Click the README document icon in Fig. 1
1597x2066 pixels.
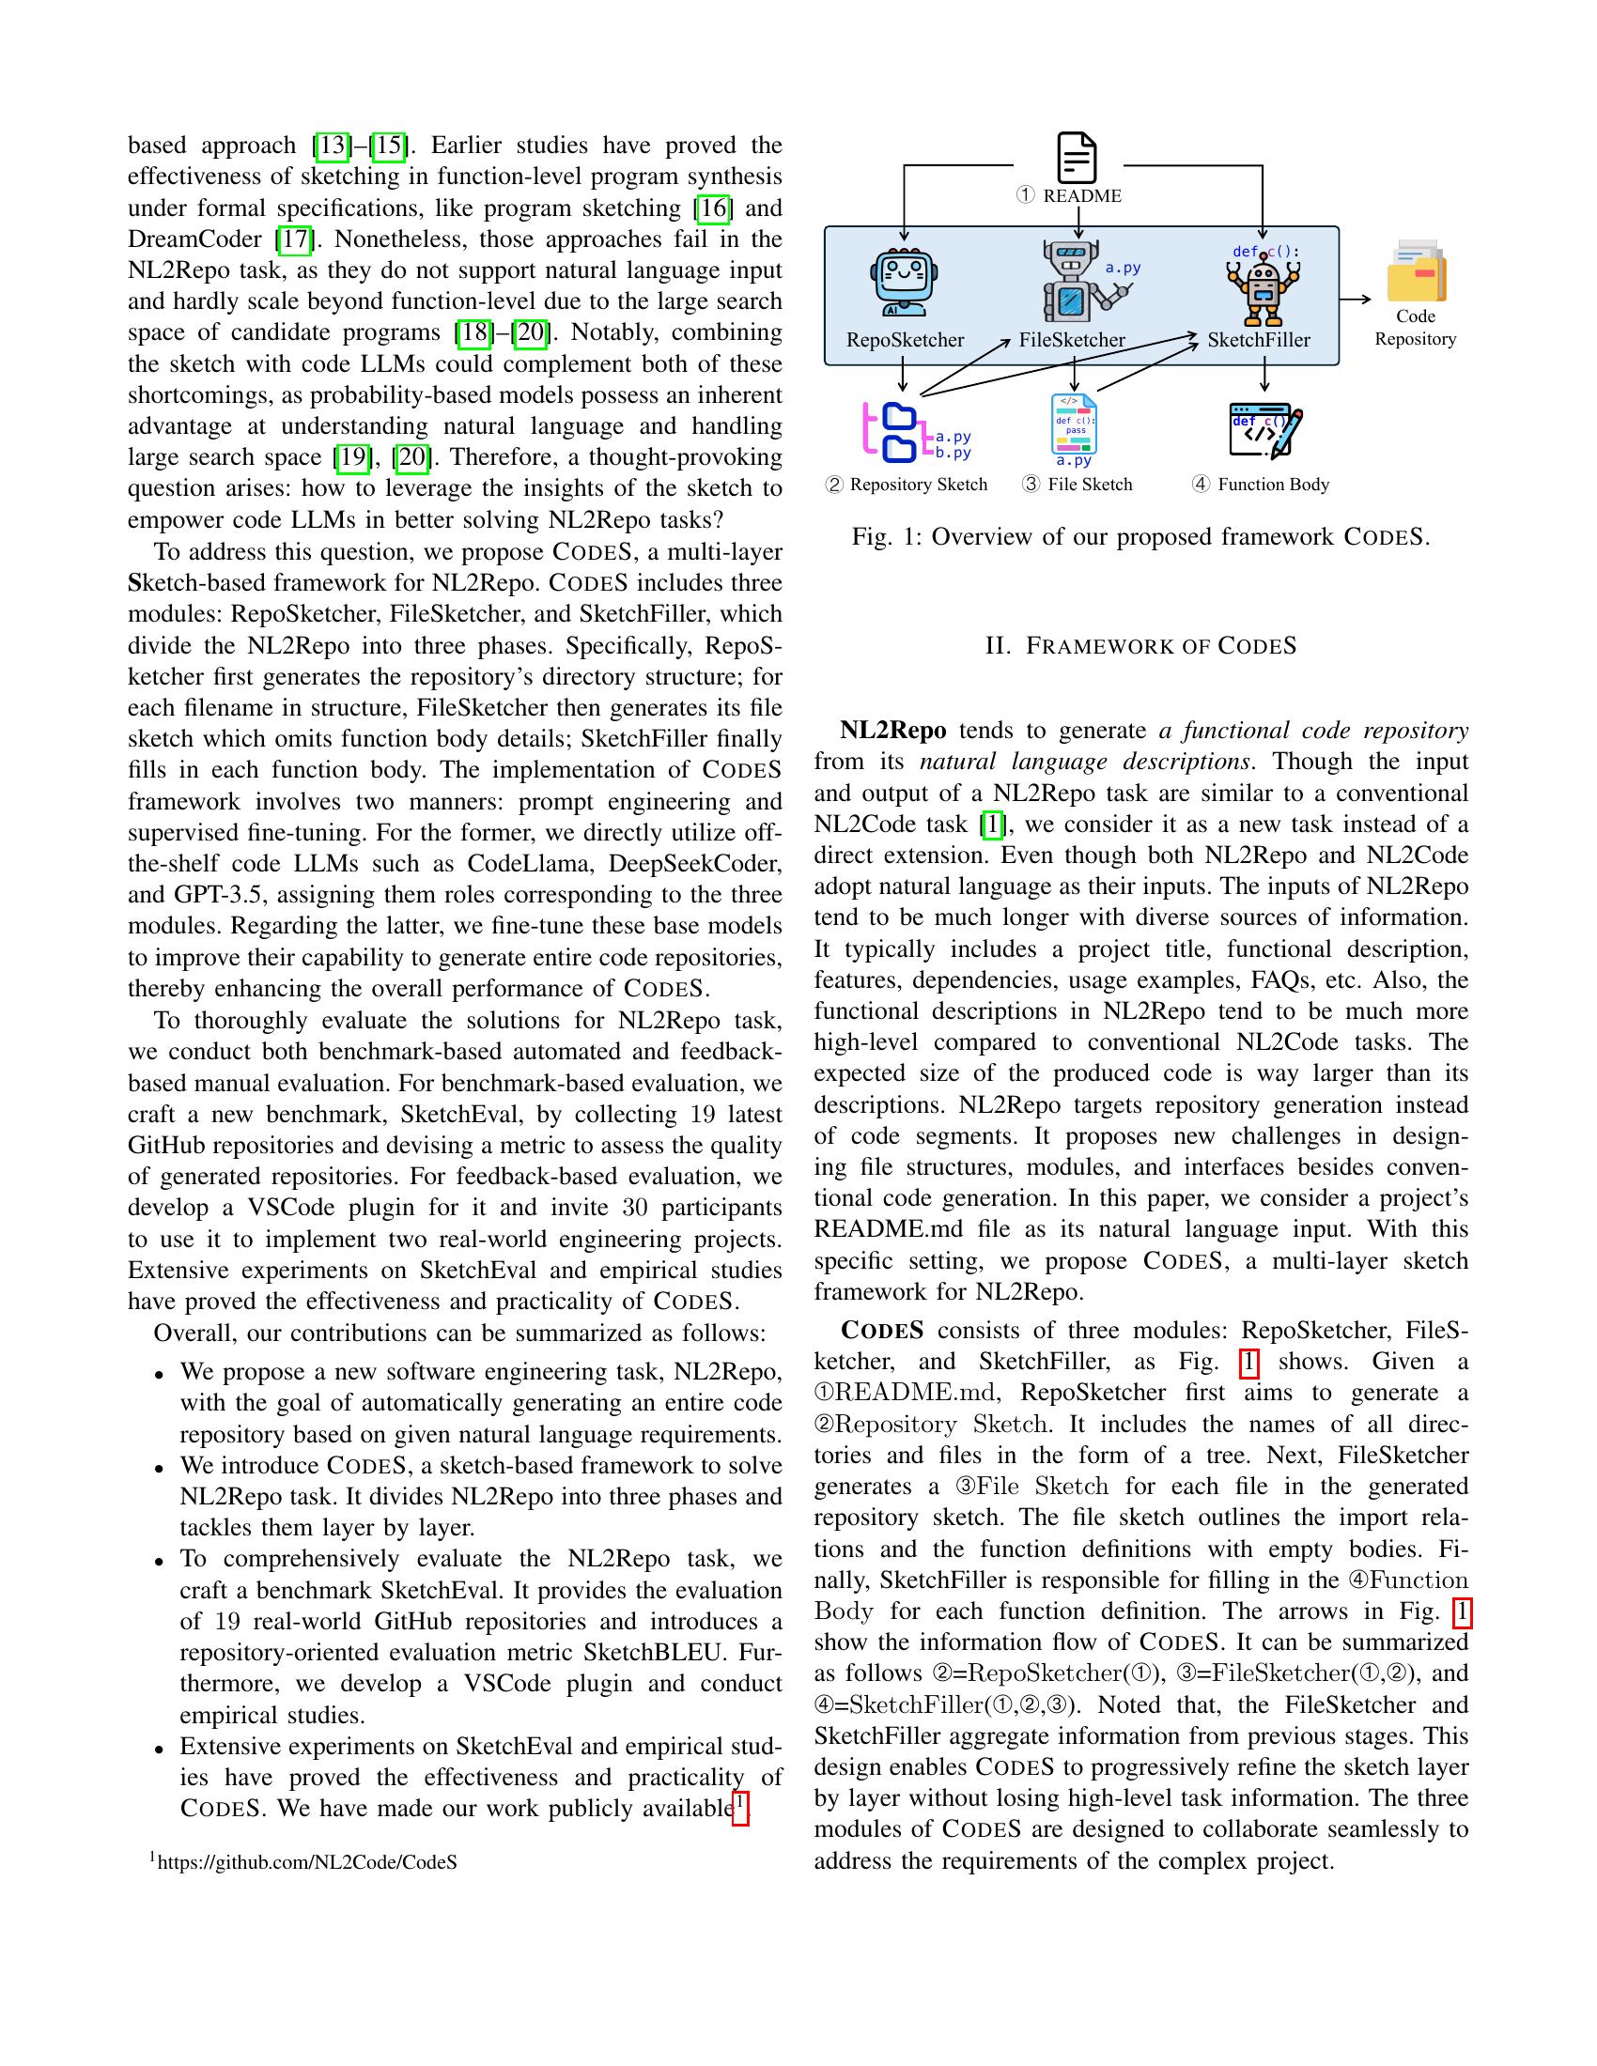pos(1077,158)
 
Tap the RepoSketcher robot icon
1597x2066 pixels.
pos(904,282)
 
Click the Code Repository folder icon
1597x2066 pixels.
pos(1417,270)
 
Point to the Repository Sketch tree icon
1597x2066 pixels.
pos(893,433)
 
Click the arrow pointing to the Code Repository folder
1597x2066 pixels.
pos(1356,299)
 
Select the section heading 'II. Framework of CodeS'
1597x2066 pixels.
pos(1140,646)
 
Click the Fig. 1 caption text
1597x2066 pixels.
pos(1140,537)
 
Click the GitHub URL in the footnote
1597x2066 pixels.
pos(306,1861)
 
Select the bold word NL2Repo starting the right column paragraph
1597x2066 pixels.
pos(893,731)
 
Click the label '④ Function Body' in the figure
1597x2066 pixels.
pos(1261,485)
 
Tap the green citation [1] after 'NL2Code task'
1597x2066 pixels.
pos(991,824)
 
